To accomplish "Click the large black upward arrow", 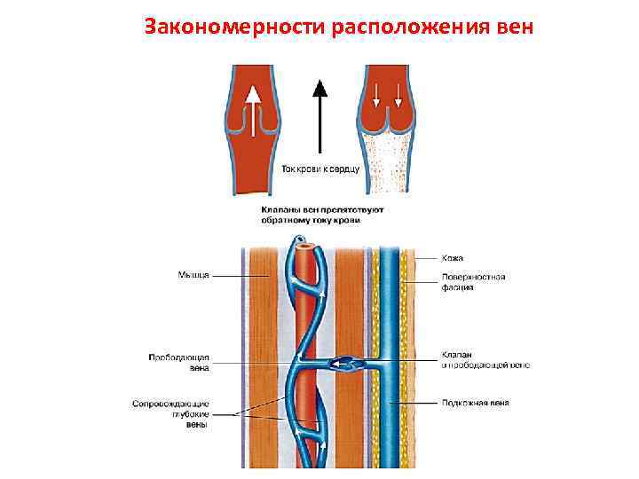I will (x=320, y=115).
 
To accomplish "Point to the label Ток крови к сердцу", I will (x=320, y=168).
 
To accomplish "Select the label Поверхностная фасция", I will (x=474, y=282).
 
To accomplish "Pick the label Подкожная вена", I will (x=476, y=403).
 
